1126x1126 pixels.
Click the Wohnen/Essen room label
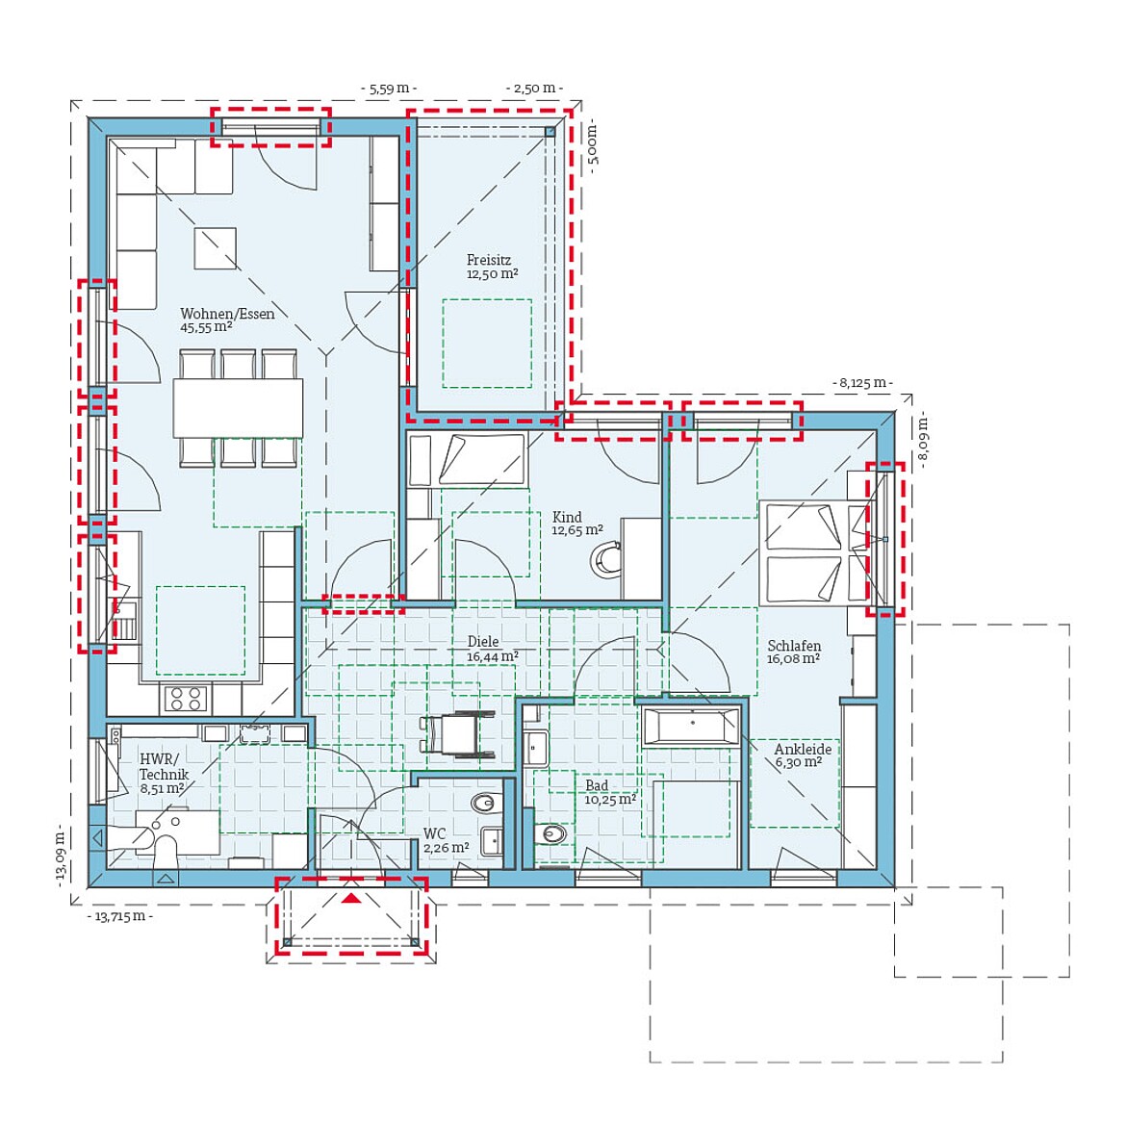point(227,320)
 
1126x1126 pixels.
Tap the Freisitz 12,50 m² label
point(492,267)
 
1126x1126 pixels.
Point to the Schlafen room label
point(794,653)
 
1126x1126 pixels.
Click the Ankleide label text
point(803,750)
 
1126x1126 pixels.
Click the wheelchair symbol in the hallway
point(457,734)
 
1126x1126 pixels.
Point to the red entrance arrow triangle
point(351,898)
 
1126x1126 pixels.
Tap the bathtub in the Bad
point(690,726)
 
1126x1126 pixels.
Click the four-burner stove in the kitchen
point(185,698)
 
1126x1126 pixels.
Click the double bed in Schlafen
point(804,552)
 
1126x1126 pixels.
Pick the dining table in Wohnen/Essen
point(238,408)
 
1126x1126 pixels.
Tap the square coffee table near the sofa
point(215,248)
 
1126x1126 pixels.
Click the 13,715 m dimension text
point(119,916)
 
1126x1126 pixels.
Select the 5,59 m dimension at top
point(389,89)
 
